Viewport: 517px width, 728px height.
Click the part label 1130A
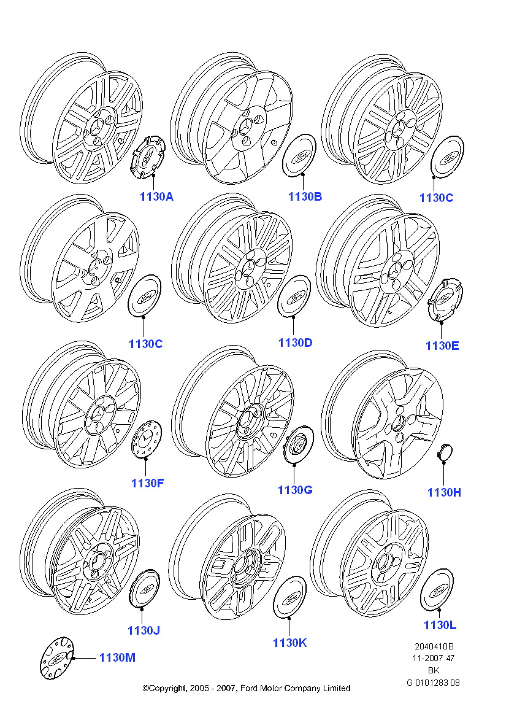[x=157, y=197]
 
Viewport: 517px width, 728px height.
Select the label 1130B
[x=305, y=197]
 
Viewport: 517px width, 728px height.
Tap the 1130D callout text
[x=295, y=343]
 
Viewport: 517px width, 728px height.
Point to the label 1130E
[x=442, y=346]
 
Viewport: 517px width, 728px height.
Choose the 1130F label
[x=147, y=483]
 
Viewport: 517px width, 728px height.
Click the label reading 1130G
[x=295, y=490]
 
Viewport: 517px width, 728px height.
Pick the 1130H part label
[x=444, y=493]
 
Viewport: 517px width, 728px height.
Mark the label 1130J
[x=144, y=630]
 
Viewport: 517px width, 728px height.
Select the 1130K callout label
[x=290, y=643]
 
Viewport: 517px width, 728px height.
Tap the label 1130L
[x=440, y=625]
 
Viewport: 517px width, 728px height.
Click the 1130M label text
[x=117, y=658]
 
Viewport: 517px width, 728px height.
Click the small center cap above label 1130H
[x=444, y=452]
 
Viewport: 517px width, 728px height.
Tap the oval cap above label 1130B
[x=299, y=155]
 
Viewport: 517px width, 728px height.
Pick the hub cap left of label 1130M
[x=57, y=657]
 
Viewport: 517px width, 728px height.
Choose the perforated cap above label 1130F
[x=147, y=439]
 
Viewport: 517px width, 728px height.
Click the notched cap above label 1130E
[x=445, y=300]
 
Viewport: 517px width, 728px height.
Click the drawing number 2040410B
[x=434, y=646]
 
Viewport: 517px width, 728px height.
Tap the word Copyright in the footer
[x=167, y=689]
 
